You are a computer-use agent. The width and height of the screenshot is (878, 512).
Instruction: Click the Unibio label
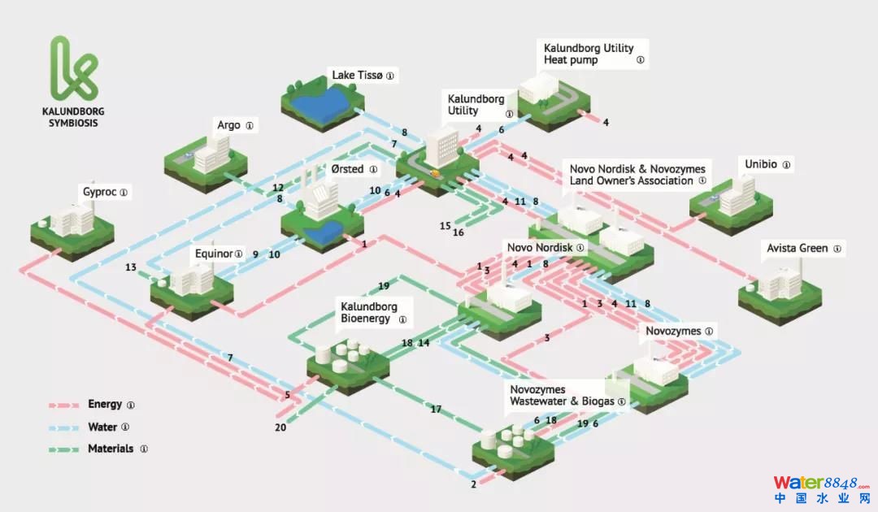(x=761, y=164)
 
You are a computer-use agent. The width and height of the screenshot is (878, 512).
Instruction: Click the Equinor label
(x=213, y=253)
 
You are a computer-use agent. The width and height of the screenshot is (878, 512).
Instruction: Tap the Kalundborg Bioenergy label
(x=369, y=313)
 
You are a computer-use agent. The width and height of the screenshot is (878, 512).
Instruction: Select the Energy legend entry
(x=105, y=404)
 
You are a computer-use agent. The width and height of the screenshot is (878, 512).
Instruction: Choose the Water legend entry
(x=102, y=427)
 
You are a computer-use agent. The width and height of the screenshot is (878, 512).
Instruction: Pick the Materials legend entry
(x=111, y=449)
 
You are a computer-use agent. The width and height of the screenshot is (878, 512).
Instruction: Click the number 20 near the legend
(x=280, y=427)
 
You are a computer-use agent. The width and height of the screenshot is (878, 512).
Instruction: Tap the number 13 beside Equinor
(x=131, y=267)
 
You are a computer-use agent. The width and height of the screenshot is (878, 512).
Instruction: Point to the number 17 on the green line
(x=436, y=410)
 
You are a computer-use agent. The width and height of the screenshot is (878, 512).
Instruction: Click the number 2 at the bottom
(x=473, y=485)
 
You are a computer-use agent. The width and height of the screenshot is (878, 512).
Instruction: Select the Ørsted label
(x=342, y=170)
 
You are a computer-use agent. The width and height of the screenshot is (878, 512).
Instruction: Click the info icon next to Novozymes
(x=709, y=332)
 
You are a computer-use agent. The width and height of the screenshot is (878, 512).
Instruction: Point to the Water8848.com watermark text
(x=821, y=484)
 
